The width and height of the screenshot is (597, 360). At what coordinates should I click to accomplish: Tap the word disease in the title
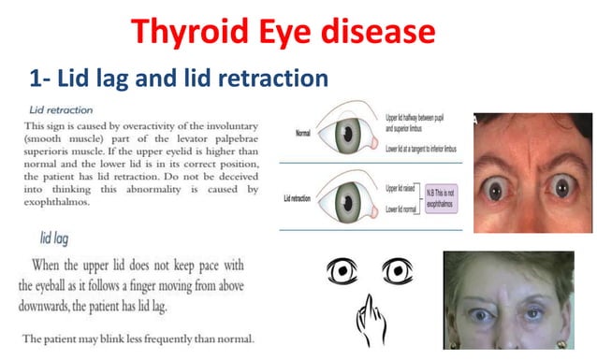(383, 34)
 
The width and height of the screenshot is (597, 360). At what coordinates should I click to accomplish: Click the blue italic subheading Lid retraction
(60, 108)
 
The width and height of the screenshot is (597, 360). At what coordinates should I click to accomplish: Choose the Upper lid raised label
(403, 190)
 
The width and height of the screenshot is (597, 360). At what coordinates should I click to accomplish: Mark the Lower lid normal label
(404, 209)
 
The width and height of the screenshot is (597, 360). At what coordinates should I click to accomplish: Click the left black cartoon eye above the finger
(341, 272)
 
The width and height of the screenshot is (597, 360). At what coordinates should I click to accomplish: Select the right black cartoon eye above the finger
(394, 272)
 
